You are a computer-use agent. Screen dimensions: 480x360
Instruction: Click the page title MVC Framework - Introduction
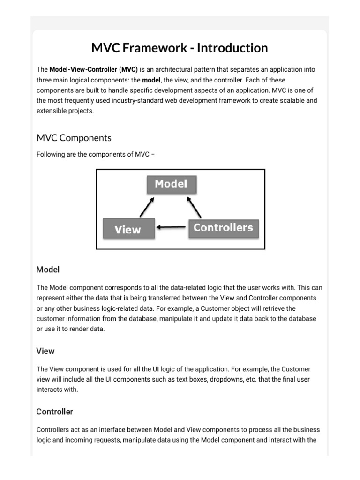180,48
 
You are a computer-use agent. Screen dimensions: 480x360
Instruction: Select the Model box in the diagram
171,184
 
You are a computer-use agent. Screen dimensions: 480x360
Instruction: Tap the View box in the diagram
128,229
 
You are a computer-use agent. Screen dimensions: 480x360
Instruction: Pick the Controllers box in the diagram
223,228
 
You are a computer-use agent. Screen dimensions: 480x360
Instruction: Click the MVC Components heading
74,138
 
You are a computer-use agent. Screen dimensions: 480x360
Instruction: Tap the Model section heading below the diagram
48,270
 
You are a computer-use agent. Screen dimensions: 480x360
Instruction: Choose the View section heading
45,351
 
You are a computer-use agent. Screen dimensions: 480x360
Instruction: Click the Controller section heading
55,412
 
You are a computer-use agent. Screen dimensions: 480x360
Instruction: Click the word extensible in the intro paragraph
52,111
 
